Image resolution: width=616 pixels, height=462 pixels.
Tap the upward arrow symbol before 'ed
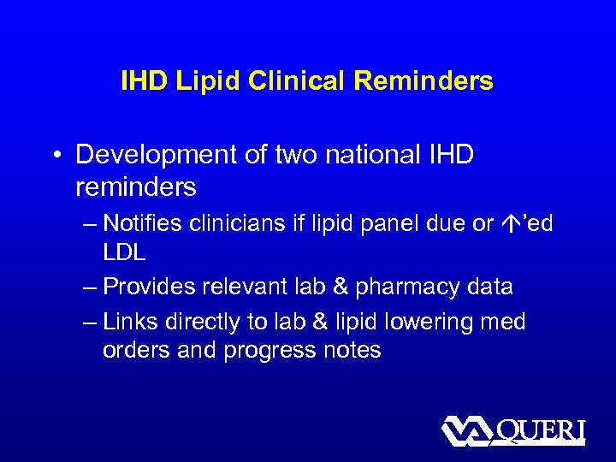pyautogui.click(x=508, y=223)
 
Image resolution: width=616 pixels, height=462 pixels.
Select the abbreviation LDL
pyautogui.click(x=124, y=253)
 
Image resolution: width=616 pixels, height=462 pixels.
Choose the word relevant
pyautogui.click(x=254, y=287)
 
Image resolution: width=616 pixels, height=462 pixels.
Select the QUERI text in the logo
pyautogui.click(x=539, y=429)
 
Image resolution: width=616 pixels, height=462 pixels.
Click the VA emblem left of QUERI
pyautogui.click(x=465, y=430)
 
